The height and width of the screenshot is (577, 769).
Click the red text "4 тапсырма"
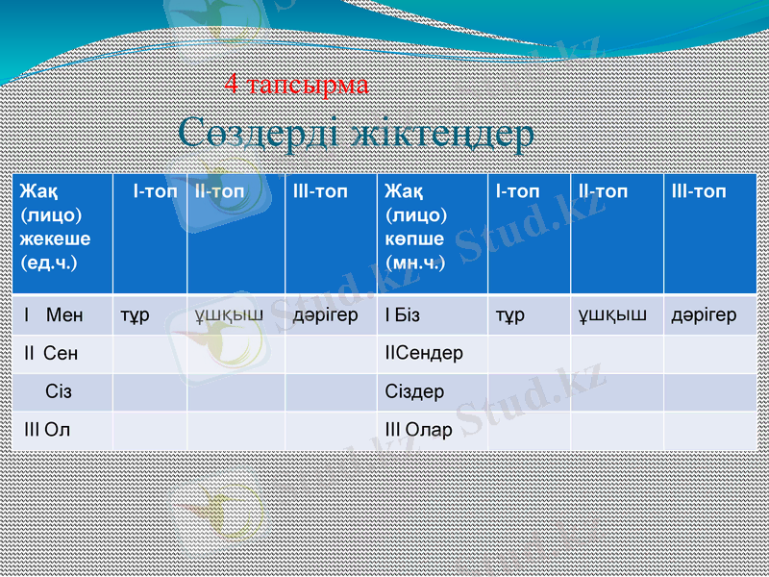click(x=296, y=85)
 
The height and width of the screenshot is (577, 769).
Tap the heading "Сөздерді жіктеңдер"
click(x=356, y=134)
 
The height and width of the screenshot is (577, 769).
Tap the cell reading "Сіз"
click(x=59, y=392)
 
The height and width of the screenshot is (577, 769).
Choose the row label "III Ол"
click(x=47, y=430)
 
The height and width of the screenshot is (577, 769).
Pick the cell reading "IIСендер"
click(x=424, y=353)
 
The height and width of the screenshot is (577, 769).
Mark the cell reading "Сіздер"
click(x=414, y=392)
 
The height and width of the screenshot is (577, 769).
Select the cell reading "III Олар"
click(x=418, y=430)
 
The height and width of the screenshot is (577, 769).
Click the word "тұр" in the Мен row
click(x=135, y=314)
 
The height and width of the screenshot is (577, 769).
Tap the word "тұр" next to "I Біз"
click(x=509, y=314)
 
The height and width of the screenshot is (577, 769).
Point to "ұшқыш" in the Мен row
click(x=229, y=314)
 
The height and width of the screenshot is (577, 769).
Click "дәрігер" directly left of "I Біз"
click(x=326, y=314)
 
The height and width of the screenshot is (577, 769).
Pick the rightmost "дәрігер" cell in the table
click(x=705, y=314)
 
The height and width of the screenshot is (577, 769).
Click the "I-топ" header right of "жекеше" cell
click(x=155, y=191)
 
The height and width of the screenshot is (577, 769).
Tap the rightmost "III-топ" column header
click(x=699, y=191)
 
